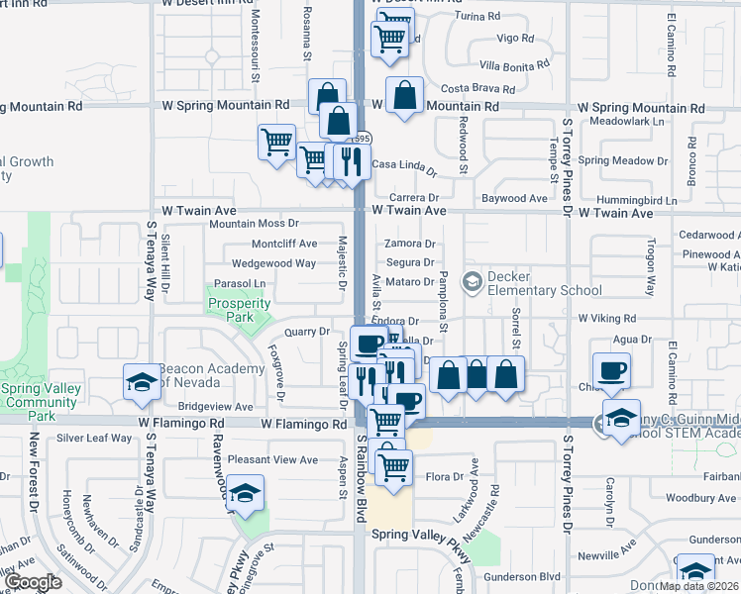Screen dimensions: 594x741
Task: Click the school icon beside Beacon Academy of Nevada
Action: [x=141, y=381]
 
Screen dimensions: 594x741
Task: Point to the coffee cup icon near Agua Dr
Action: [x=610, y=369]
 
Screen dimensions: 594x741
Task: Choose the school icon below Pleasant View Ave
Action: [x=243, y=493]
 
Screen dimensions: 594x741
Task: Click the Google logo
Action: [x=34, y=582]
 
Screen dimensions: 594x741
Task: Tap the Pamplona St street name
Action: [x=444, y=301]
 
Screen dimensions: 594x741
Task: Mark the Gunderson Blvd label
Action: [x=522, y=576]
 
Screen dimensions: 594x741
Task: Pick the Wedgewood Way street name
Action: [x=273, y=263]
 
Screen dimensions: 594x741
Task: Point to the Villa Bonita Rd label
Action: [x=513, y=62]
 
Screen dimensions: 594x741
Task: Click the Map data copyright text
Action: [x=699, y=586]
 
